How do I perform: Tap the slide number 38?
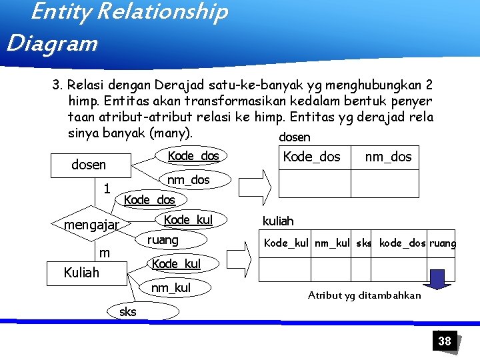tap(444, 341)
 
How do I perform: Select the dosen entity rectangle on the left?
tap(88, 164)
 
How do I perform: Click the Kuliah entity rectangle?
tap(81, 272)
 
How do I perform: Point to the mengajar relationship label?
tap(91, 225)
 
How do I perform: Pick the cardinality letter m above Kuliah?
tap(105, 253)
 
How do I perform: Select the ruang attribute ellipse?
tap(163, 239)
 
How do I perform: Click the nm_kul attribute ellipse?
tap(170, 288)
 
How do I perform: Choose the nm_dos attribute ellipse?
tap(188, 179)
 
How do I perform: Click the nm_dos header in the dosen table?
tap(388, 157)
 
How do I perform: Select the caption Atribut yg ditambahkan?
tap(364, 295)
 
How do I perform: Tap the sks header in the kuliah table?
tap(364, 243)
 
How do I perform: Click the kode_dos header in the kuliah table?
tap(403, 243)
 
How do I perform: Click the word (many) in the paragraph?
tap(171, 133)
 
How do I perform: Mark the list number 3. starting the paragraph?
tap(57, 85)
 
